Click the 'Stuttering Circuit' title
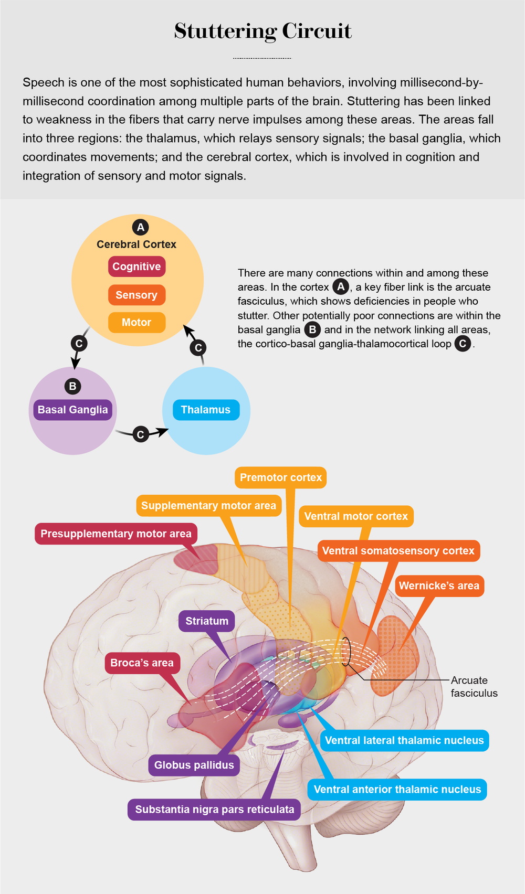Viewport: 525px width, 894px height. click(262, 31)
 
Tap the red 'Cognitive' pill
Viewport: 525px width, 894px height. click(136, 267)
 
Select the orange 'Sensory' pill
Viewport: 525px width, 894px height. click(136, 295)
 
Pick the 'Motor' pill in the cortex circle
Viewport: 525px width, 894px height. click(136, 322)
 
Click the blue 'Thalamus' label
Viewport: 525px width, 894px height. click(206, 410)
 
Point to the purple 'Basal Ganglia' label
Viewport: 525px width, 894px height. click(72, 410)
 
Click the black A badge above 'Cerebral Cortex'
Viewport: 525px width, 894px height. click(140, 227)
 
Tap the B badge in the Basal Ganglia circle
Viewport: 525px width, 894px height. click(72, 386)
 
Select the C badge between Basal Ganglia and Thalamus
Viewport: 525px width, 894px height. click(140, 434)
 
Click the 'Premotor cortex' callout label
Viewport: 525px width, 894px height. click(281, 477)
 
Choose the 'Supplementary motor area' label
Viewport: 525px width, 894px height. click(208, 506)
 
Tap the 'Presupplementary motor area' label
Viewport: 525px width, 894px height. click(116, 534)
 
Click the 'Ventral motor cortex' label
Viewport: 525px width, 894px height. click(356, 516)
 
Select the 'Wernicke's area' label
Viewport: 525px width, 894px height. click(439, 586)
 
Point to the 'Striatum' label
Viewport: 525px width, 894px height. click(207, 621)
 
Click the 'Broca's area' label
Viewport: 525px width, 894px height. click(142, 663)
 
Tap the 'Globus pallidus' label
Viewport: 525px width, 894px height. click(194, 765)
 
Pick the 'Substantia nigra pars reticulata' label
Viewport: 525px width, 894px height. click(215, 810)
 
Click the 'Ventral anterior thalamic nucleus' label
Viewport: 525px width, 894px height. click(397, 790)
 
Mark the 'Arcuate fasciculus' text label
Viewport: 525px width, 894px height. click(474, 687)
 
